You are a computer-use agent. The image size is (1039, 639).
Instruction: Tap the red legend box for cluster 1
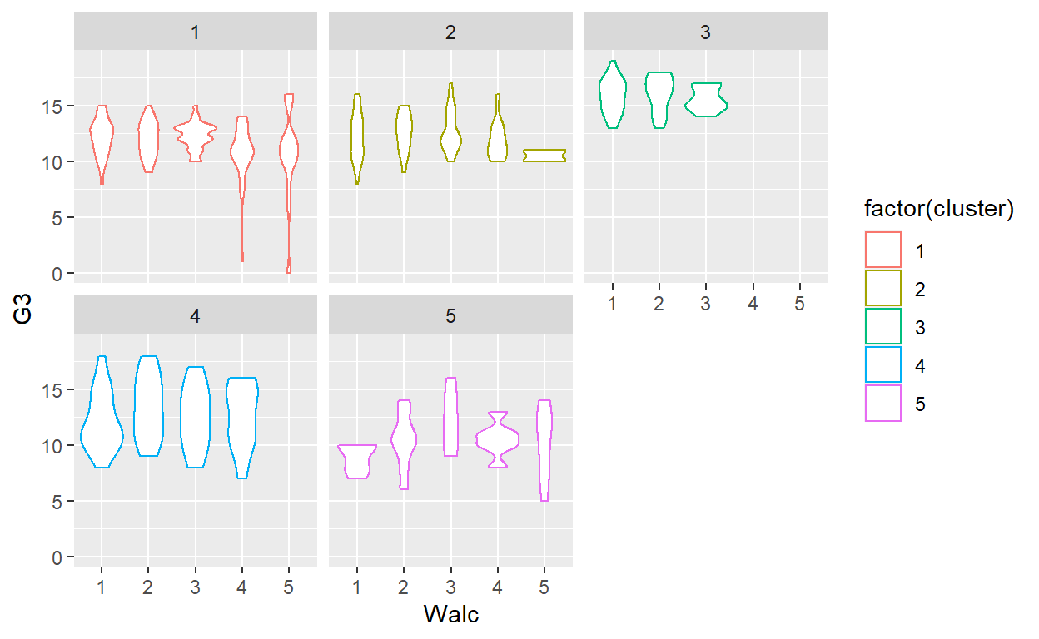(x=882, y=250)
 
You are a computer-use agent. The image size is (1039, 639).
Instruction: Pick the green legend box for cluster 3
(x=882, y=327)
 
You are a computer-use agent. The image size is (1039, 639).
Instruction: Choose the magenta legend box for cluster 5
(x=882, y=404)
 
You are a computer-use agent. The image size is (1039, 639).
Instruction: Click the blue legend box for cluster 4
(x=882, y=366)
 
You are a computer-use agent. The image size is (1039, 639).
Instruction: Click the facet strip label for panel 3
(x=705, y=32)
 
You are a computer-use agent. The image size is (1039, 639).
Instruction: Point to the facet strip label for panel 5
(x=450, y=316)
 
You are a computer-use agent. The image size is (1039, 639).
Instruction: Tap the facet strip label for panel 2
(x=450, y=32)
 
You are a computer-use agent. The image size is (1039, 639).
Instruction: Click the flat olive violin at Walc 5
(x=544, y=156)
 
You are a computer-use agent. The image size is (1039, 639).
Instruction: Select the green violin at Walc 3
(x=705, y=102)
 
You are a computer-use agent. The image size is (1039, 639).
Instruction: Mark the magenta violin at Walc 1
(x=356, y=460)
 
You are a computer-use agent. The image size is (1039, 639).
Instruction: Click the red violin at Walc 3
(x=195, y=131)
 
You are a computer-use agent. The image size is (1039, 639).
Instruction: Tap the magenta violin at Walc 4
(x=498, y=438)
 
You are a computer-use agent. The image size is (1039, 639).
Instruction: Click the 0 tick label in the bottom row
(x=57, y=557)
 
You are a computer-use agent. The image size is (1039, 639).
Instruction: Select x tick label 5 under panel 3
(x=799, y=304)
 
